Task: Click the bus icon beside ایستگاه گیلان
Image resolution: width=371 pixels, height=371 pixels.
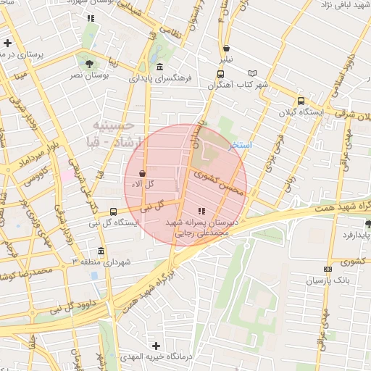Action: (301, 101)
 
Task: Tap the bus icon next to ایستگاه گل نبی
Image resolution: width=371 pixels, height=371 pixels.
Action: (113, 212)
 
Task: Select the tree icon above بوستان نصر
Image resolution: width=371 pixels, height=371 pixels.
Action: (88, 63)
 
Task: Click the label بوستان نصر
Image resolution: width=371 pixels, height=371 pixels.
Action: (88, 75)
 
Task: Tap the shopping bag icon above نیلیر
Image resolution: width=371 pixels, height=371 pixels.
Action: (227, 49)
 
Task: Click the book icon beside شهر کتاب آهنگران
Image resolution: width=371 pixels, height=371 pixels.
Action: (252, 73)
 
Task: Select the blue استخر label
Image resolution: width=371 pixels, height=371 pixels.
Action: (240, 145)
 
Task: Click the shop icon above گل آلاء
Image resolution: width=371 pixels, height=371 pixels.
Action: (141, 174)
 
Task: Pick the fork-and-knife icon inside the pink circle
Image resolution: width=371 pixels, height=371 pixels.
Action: (201, 210)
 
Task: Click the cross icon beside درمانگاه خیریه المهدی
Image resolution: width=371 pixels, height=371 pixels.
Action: (156, 346)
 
